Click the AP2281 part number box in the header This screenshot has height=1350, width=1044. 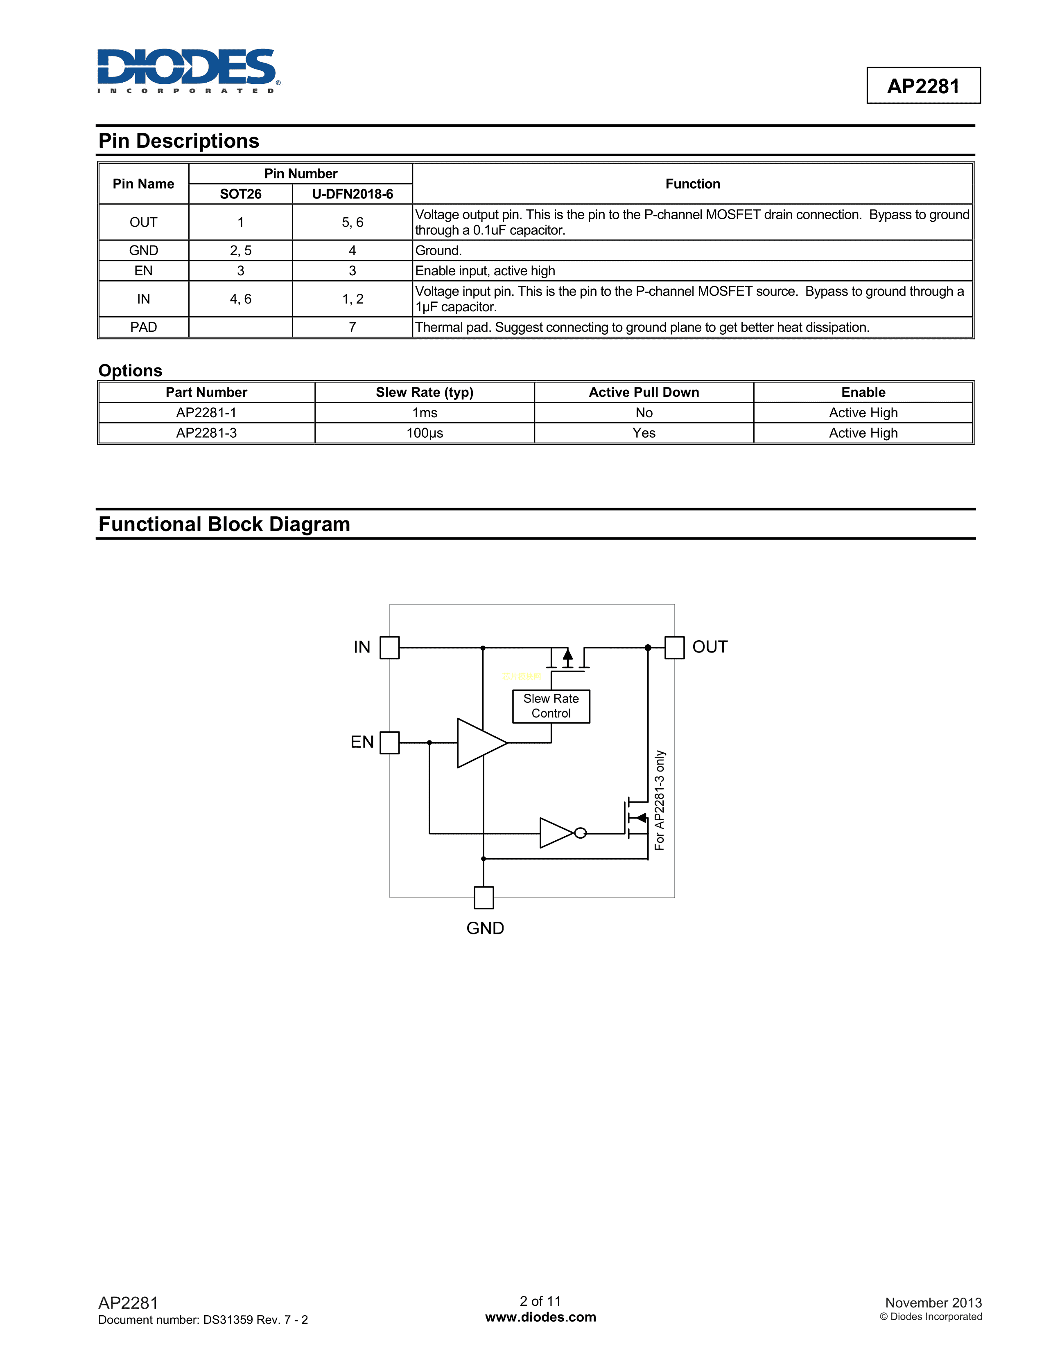click(x=923, y=86)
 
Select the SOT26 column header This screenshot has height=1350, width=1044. click(x=241, y=194)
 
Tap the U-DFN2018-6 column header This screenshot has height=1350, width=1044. click(x=352, y=194)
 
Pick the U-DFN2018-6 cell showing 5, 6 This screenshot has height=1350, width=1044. click(x=352, y=223)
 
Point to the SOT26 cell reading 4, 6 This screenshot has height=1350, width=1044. click(x=241, y=299)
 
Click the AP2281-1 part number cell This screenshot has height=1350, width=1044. click(x=207, y=413)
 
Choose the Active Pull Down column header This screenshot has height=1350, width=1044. click(x=644, y=392)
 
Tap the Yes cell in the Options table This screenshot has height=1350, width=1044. click(x=644, y=433)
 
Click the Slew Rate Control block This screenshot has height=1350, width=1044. click(x=551, y=706)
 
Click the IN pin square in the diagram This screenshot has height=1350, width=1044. click(x=390, y=648)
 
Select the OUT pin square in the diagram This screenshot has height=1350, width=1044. click(x=674, y=648)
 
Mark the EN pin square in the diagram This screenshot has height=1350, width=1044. click(x=390, y=742)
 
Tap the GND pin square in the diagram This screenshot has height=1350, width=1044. click(x=484, y=898)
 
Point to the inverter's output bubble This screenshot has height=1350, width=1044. click(x=580, y=833)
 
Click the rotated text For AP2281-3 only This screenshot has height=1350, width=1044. click(x=660, y=801)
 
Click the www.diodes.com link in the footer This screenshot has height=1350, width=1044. click(x=540, y=1317)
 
